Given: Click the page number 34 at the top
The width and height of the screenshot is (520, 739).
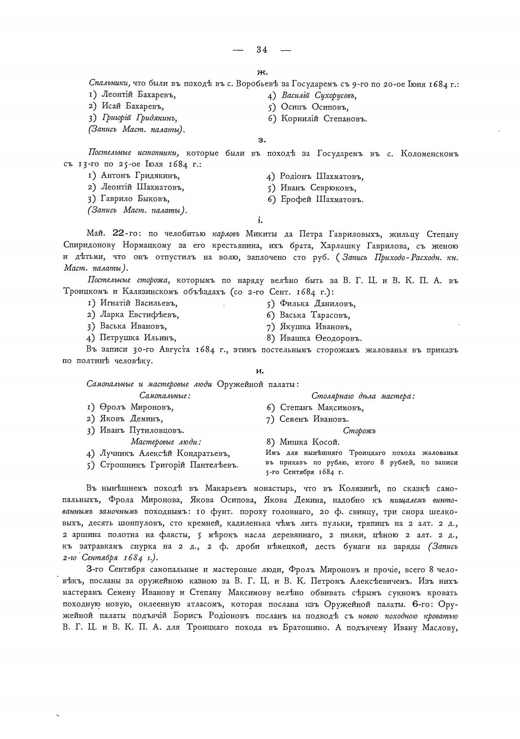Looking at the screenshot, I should tap(262, 50).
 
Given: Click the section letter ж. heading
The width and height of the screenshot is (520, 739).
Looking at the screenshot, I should tap(262, 72).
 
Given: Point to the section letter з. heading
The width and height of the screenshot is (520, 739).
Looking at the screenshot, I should tap(262, 141).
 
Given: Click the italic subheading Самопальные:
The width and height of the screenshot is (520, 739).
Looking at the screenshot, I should tap(165, 396).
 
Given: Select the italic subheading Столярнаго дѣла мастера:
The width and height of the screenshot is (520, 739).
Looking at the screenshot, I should tap(363, 396).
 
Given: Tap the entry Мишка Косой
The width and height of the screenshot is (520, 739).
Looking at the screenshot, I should tap(310, 442).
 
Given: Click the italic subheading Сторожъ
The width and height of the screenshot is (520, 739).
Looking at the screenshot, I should tap(359, 430).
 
